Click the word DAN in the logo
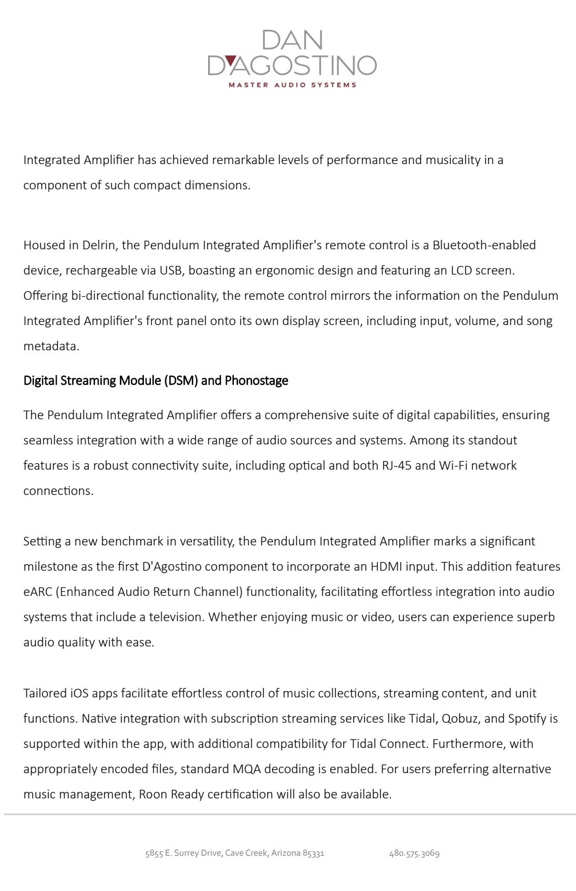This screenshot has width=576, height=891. pyautogui.click(x=292, y=40)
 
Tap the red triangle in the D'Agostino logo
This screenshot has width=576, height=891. pyautogui.click(x=230, y=60)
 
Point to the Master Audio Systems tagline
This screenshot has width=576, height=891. pyautogui.click(x=292, y=85)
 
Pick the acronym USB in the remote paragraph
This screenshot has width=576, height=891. pyautogui.click(x=170, y=270)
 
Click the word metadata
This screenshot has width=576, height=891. pyautogui.click(x=51, y=346)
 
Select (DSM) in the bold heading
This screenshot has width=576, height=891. pyautogui.click(x=181, y=380)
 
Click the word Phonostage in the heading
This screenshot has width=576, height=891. pyautogui.click(x=256, y=380)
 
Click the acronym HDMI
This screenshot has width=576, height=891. pyautogui.click(x=385, y=566)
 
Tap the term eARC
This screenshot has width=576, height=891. pyautogui.click(x=37, y=592)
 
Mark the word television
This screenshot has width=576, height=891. pyautogui.click(x=177, y=617)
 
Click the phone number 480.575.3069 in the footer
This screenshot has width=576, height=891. pyautogui.click(x=414, y=853)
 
